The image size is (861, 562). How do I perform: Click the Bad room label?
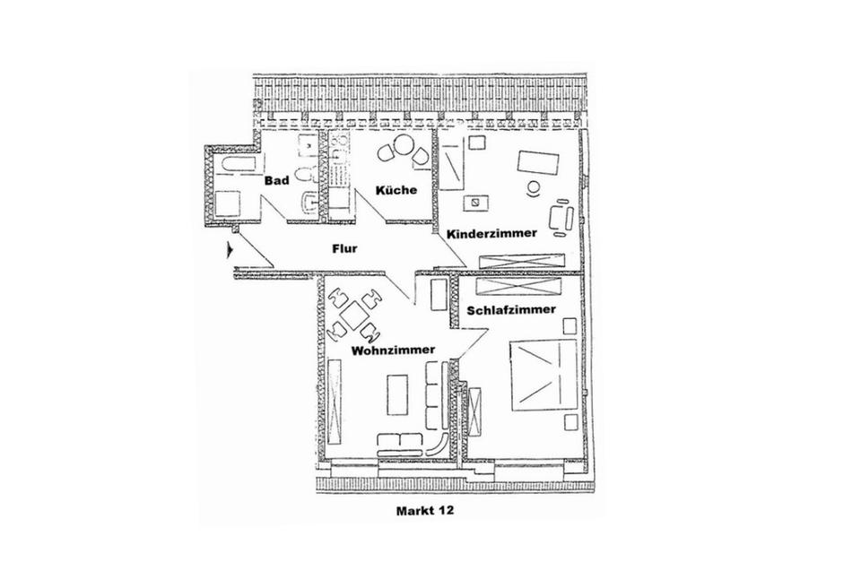tap(275, 181)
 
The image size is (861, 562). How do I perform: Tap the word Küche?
tap(396, 189)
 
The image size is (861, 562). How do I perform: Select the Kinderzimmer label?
tap(491, 233)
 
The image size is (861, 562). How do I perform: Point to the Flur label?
tap(345, 250)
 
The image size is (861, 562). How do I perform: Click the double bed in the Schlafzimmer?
tap(544, 375)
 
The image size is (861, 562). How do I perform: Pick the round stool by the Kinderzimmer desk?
tap(534, 188)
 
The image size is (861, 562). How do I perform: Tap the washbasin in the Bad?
tap(308, 203)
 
